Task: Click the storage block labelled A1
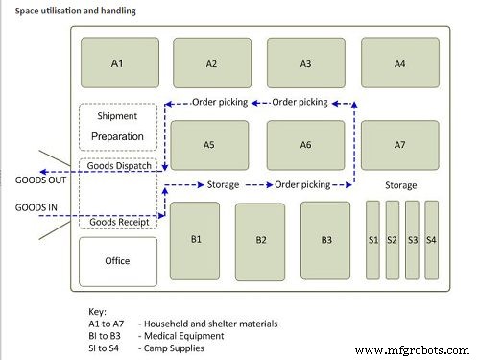(x=117, y=63)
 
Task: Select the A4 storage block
(x=400, y=63)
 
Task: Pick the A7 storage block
(x=400, y=144)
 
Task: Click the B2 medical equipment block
(x=260, y=240)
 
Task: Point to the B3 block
(x=326, y=240)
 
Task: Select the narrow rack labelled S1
(x=372, y=239)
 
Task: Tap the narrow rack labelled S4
(x=431, y=239)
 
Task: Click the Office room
(x=117, y=261)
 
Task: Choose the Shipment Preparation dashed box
(x=117, y=127)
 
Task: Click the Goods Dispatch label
(x=117, y=165)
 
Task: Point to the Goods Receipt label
(x=117, y=222)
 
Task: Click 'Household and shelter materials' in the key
(x=211, y=324)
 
